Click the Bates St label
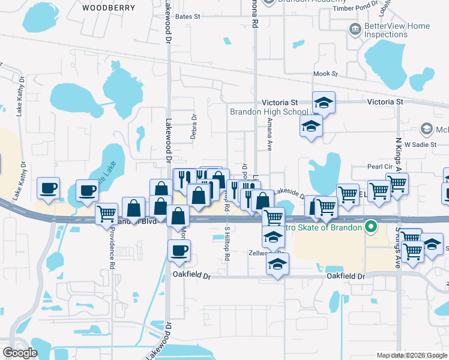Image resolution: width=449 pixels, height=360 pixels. pyautogui.click(x=188, y=17)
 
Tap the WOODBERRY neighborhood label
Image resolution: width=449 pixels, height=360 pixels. pyautogui.click(x=109, y=8)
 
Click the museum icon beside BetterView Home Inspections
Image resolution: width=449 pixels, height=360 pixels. pyautogui.click(x=355, y=28)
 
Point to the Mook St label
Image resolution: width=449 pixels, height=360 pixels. pyautogui.click(x=326, y=74)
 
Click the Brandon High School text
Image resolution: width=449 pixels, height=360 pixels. pyautogui.click(x=268, y=112)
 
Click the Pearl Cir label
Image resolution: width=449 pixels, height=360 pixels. pyautogui.click(x=379, y=167)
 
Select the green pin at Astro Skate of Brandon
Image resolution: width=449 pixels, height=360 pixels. pyautogui.click(x=371, y=227)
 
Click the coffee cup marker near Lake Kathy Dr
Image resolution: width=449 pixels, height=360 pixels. pyautogui.click(x=48, y=188)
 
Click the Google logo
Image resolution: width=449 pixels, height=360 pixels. pyautogui.click(x=20, y=353)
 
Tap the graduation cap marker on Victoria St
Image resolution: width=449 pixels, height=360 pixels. pyautogui.click(x=324, y=103)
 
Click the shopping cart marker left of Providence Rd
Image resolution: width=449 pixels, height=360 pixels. pyautogui.click(x=106, y=214)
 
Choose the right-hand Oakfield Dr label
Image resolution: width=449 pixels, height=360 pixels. pyautogui.click(x=346, y=276)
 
